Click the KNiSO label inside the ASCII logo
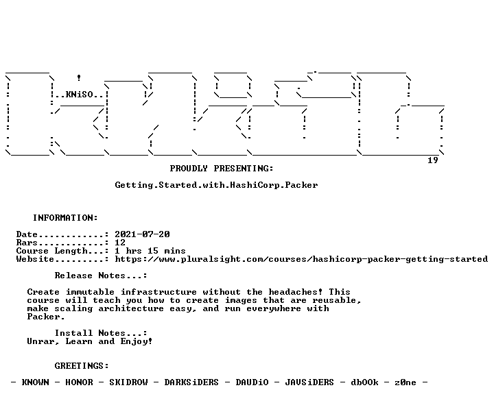click(79, 95)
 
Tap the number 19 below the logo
click(432, 160)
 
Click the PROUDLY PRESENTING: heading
click(222, 169)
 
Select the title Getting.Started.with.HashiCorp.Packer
click(216, 185)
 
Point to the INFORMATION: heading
click(65, 218)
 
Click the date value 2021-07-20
click(142, 234)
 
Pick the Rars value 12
click(120, 243)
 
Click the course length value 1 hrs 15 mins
click(150, 251)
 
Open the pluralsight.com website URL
click(301, 259)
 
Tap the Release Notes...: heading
click(101, 276)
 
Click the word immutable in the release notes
click(90, 292)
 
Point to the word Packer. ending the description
click(46, 317)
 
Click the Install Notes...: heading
click(101, 333)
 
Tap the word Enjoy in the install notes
click(134, 341)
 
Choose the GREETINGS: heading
click(82, 366)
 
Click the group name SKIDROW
click(128, 382)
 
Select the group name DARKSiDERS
click(191, 382)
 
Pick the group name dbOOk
click(364, 382)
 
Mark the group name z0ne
click(405, 382)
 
